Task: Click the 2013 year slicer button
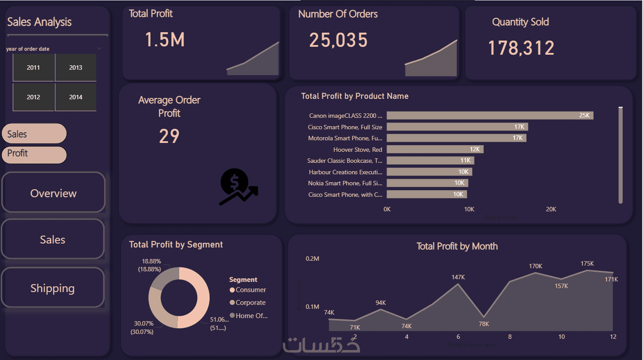point(75,67)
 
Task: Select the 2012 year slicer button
point(34,97)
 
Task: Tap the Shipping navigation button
point(53,288)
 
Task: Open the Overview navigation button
point(53,193)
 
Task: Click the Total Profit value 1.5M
point(165,40)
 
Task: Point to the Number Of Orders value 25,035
point(338,41)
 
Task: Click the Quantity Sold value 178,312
point(521,48)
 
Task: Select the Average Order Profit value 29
point(169,136)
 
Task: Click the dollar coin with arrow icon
point(238,187)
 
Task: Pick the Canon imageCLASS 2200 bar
point(490,116)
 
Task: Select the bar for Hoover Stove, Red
point(435,149)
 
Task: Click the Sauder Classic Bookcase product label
point(345,161)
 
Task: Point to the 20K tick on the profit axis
point(551,209)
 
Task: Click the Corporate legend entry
point(250,303)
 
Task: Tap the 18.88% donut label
point(151,261)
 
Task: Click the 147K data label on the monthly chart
point(458,277)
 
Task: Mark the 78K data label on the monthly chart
point(484,324)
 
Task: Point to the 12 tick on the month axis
point(613,337)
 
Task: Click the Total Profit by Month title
point(457,246)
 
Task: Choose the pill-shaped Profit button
point(34,154)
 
